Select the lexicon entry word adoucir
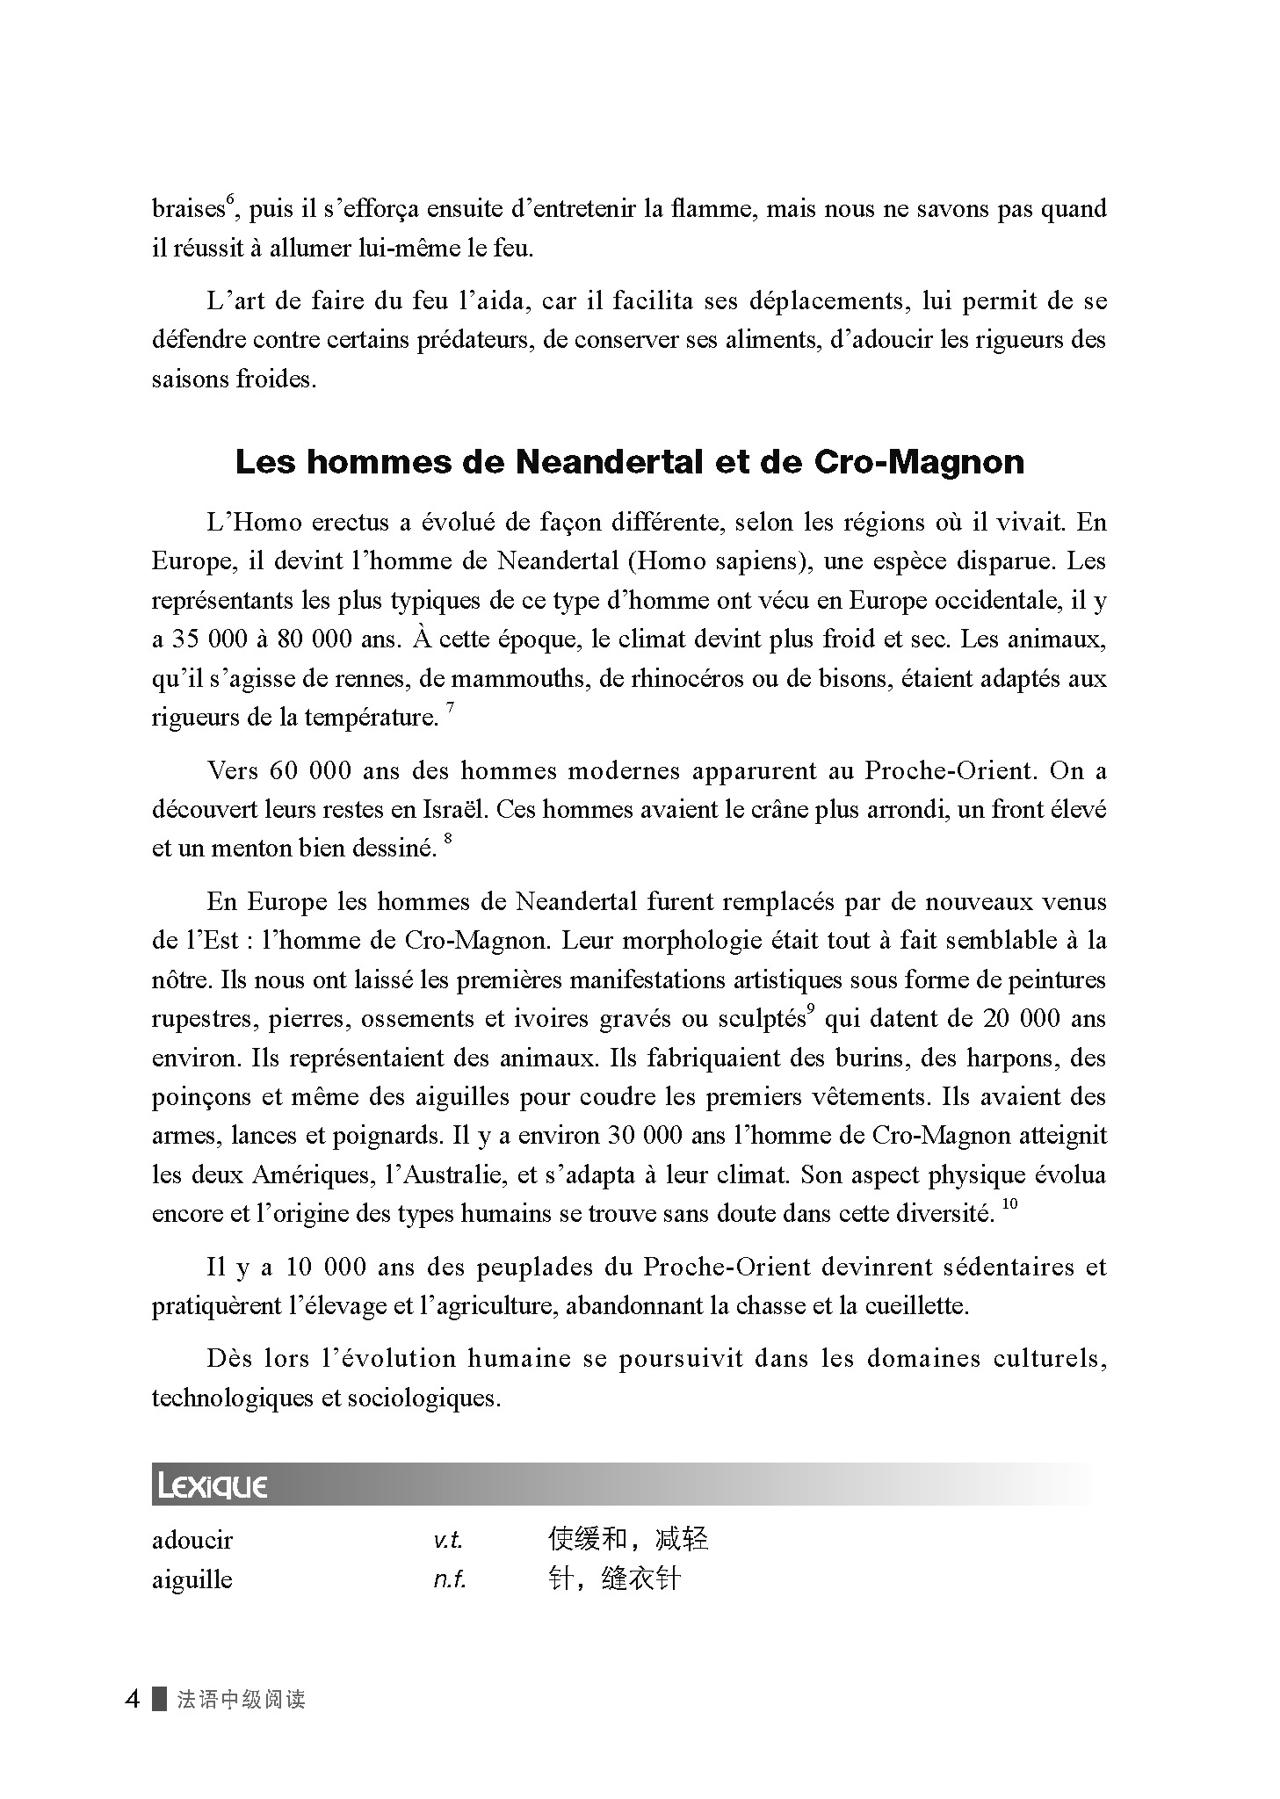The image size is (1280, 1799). click(x=192, y=1540)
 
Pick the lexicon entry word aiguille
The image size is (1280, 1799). click(x=192, y=1579)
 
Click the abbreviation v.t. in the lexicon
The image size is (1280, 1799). click(x=448, y=1540)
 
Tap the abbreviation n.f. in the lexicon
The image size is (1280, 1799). click(x=449, y=1579)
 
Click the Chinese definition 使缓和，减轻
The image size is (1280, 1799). click(x=627, y=1539)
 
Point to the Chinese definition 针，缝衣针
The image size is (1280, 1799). click(x=613, y=1579)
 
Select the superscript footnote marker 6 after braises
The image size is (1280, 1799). click(x=228, y=200)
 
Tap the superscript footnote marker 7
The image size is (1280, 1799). click(x=450, y=708)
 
